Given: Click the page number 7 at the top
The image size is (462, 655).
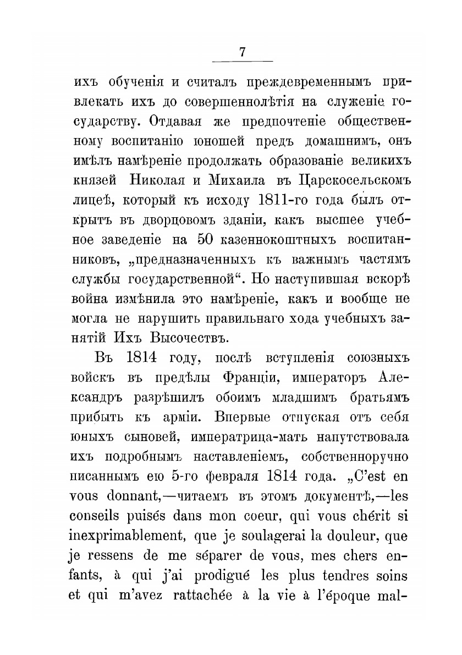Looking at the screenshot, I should click(243, 53).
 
